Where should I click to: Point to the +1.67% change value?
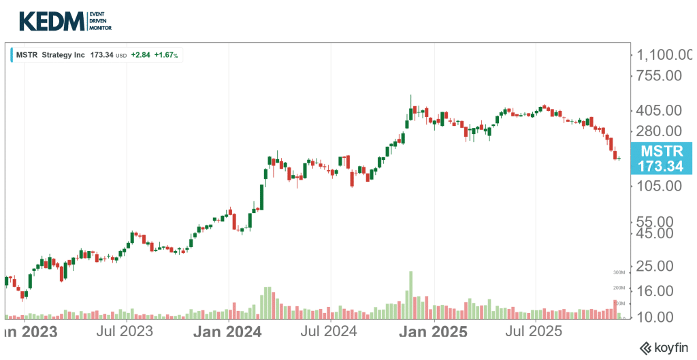[166, 54]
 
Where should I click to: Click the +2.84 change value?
[140, 54]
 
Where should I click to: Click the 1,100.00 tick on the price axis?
[664, 54]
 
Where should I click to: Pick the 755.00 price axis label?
[659, 76]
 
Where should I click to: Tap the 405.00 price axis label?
[659, 110]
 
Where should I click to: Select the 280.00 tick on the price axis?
[659, 131]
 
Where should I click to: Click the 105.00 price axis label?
[659, 186]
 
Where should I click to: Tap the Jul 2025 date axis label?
[534, 332]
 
